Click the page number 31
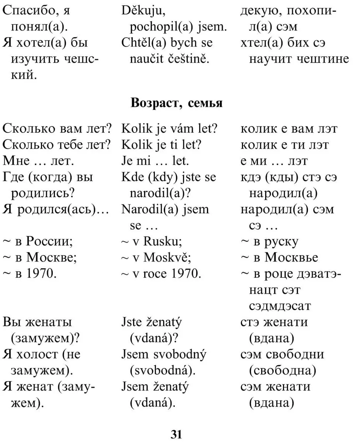tap(176, 434)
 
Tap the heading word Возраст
tap(154, 103)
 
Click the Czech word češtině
tap(190, 59)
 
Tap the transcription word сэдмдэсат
tap(280, 306)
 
